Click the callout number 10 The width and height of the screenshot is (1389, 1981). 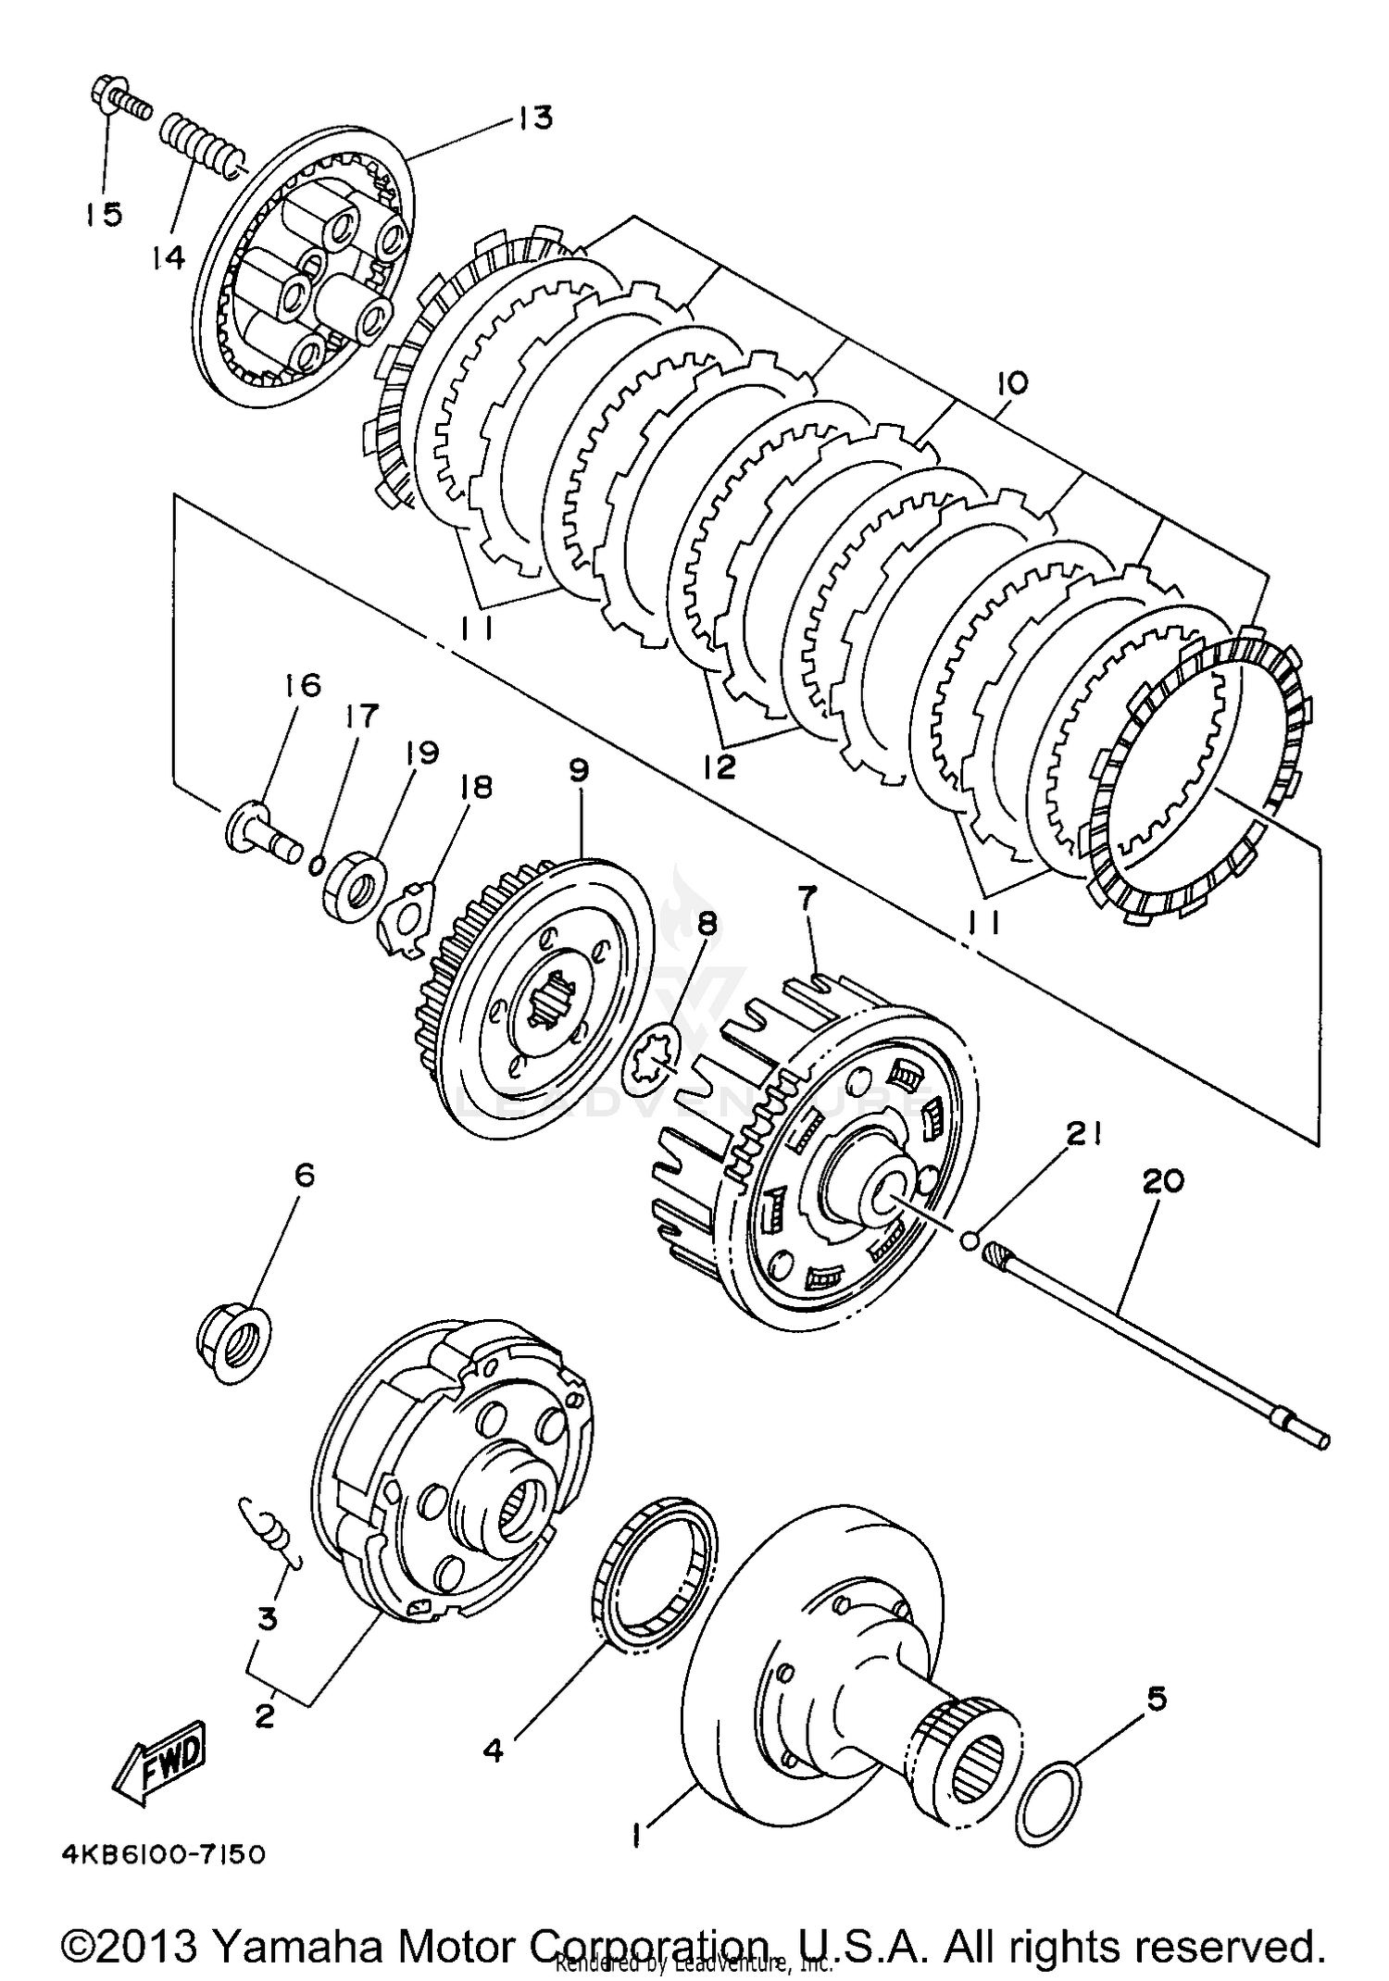[1011, 382]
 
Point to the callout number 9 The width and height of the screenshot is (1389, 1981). [579, 771]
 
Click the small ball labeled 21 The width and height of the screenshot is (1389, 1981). [969, 1239]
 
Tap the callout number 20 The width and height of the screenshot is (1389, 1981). [1163, 1181]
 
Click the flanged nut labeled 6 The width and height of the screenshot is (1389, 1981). [234, 1339]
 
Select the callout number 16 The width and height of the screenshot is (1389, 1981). [302, 686]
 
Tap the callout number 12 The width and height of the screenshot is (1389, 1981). [720, 766]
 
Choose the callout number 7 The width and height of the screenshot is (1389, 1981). [808, 896]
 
